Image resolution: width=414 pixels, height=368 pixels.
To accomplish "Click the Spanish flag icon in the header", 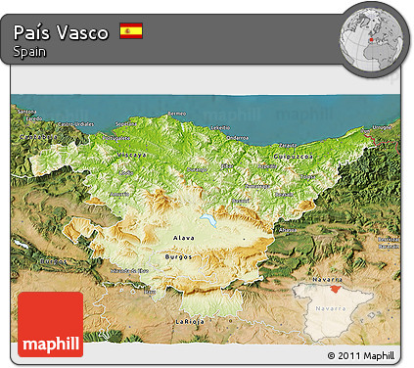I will pos(130,31).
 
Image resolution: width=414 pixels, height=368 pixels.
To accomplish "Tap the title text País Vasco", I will pos(62,31).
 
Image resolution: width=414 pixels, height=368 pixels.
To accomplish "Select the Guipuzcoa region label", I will pos(291,156).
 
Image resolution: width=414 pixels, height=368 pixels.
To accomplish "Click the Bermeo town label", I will pos(176,115).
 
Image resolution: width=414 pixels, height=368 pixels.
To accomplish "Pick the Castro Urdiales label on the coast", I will pos(75,125).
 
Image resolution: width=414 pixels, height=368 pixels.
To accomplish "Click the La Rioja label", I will pos(190,321).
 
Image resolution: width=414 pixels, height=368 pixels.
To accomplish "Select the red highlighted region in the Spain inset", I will pos(335,288).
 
